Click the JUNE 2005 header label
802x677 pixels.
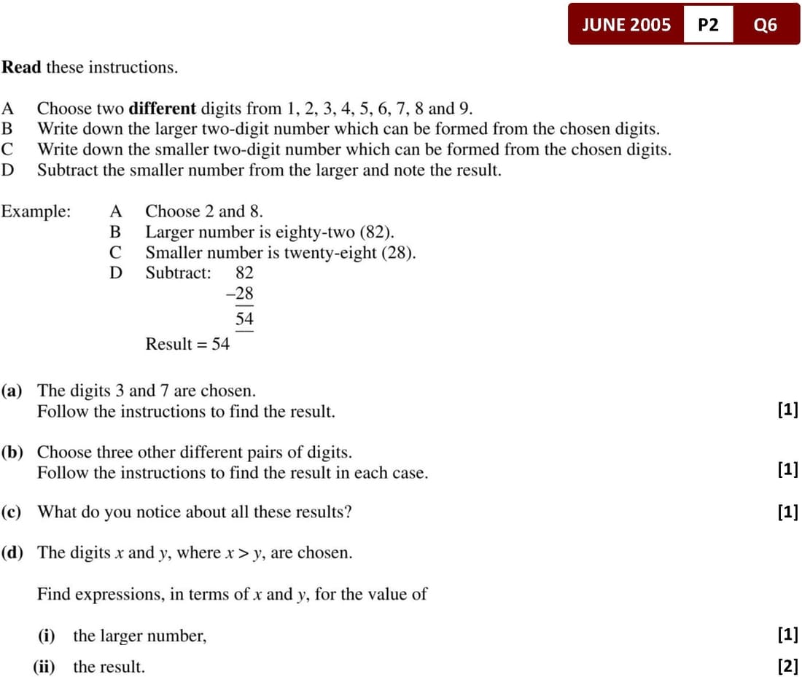pos(626,25)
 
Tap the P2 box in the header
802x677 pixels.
pos(708,25)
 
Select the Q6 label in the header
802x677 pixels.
pos(766,25)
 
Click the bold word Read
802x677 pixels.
pos(21,68)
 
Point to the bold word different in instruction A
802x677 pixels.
pos(162,109)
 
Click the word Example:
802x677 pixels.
pos(36,212)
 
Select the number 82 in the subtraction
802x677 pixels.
pos(244,273)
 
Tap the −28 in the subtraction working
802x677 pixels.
pos(241,294)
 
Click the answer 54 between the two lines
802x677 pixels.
pos(244,319)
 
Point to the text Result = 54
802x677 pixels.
pos(187,344)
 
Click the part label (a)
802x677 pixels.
pos(12,391)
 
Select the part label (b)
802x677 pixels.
pos(12,453)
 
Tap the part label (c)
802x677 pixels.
pos(12,512)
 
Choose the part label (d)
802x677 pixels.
pos(12,553)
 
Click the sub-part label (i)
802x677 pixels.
pos(47,636)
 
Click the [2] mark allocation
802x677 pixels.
pos(787,665)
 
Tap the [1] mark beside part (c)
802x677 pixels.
pos(787,512)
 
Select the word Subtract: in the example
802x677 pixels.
pos(178,273)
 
